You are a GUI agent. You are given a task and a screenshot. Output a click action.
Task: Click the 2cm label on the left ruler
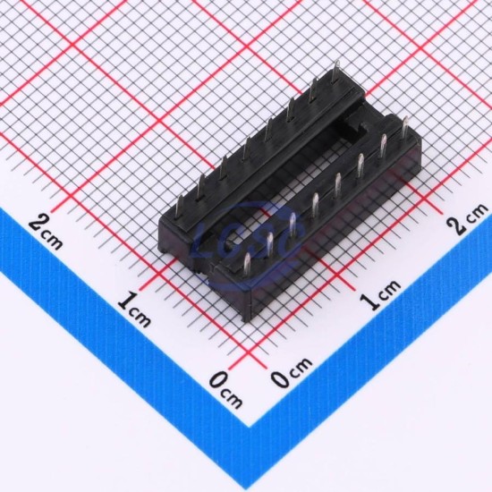point(46,232)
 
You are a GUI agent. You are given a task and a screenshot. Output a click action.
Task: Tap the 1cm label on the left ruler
point(134,310)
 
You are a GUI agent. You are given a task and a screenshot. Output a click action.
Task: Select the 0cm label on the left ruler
point(225,389)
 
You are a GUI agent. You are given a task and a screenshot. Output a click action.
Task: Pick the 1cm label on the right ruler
point(380,293)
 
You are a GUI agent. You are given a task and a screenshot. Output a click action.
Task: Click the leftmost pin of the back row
point(178,206)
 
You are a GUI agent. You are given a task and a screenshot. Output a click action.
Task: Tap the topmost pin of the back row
point(336,72)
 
